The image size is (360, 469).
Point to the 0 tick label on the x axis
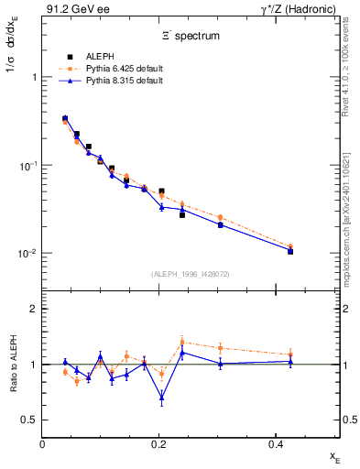coord(43,444)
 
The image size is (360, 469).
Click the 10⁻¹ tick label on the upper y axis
coord(27,166)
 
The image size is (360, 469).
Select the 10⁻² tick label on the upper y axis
coord(27,254)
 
